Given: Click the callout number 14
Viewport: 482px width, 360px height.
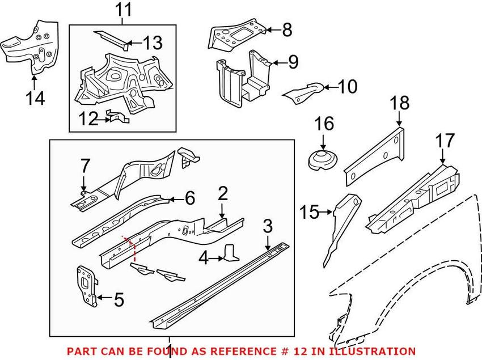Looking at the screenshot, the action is (x=35, y=98).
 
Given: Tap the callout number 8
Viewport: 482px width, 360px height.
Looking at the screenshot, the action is (x=287, y=30).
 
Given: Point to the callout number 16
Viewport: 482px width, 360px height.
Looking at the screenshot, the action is (x=324, y=124).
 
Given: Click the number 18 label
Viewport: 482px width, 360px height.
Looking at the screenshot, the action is (x=400, y=103).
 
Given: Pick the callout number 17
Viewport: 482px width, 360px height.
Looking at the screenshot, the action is (x=445, y=140).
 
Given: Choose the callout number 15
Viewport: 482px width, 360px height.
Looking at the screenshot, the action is (x=310, y=212).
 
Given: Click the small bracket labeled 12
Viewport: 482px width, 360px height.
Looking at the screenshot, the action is (x=118, y=117).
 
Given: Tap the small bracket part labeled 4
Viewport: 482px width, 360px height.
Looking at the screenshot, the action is (x=231, y=252).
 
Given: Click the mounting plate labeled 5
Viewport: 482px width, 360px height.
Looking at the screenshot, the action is (x=87, y=286).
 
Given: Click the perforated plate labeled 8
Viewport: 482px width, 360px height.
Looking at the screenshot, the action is (x=237, y=33).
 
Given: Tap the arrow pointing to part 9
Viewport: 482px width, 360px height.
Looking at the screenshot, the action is (x=279, y=63).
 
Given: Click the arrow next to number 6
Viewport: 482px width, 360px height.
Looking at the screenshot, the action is (x=177, y=199).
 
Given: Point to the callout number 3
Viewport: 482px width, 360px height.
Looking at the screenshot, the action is (x=268, y=226).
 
